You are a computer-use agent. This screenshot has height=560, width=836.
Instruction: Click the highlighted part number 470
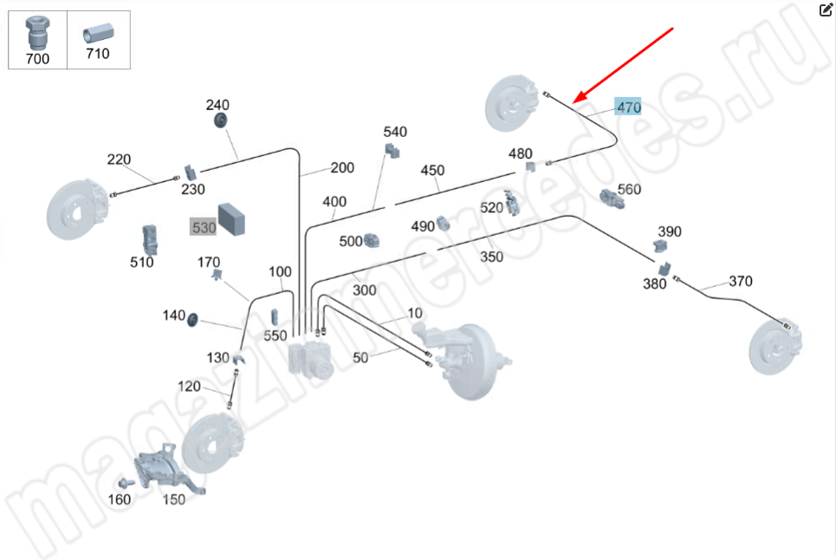[x=628, y=107]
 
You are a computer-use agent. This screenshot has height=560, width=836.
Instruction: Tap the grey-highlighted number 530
[x=203, y=226]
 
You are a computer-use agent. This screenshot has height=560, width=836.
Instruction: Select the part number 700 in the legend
[x=38, y=59]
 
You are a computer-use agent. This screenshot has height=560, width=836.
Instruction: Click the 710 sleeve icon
[x=96, y=34]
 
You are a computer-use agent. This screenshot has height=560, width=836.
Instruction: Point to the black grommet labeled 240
[x=220, y=119]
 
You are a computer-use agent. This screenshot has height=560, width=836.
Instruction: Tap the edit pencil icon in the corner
[x=826, y=10]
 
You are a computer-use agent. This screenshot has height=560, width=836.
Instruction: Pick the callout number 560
[x=629, y=189]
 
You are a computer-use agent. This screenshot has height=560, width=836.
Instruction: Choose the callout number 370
[x=740, y=281]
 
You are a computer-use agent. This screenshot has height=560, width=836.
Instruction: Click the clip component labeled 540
[x=392, y=151]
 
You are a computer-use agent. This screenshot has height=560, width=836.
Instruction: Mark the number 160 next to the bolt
[x=119, y=498]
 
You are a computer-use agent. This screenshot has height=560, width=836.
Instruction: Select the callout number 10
[x=414, y=313]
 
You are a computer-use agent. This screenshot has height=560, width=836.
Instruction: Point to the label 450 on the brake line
[x=432, y=170]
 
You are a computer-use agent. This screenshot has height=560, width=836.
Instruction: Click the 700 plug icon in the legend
[x=37, y=33]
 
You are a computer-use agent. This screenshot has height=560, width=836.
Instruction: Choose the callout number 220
[x=119, y=159]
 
